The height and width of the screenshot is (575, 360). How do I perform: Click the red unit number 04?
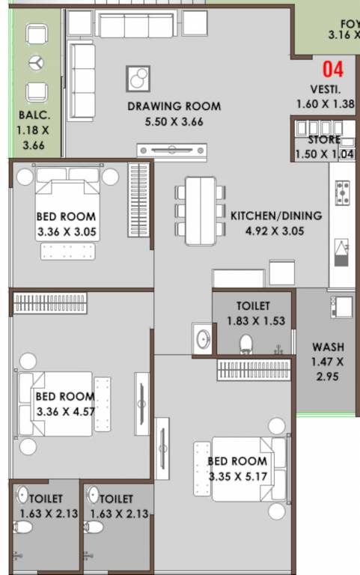point(333,70)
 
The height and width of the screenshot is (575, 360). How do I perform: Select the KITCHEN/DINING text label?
point(275,216)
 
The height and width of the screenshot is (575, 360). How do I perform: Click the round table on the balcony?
point(36,63)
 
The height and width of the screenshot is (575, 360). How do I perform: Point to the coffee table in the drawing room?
point(138,79)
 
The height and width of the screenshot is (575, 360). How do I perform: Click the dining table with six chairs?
point(200,210)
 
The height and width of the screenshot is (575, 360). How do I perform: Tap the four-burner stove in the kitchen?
point(344,193)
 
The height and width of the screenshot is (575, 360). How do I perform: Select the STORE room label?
point(323,140)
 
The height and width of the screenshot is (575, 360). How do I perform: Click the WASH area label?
point(328,347)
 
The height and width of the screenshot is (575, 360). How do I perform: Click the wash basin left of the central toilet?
point(202,339)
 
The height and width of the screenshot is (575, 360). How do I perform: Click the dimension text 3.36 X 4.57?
point(66,411)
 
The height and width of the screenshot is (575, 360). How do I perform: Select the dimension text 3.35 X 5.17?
point(237,476)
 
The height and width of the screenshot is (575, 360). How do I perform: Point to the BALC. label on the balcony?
point(34,116)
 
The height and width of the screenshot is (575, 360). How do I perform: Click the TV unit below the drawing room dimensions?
point(172,150)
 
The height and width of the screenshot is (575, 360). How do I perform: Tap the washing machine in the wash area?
point(341,307)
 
